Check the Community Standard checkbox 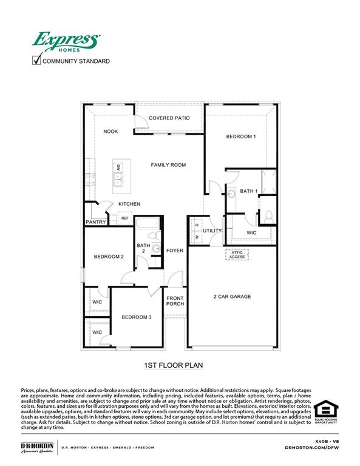click(36, 60)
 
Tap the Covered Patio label click(169, 118)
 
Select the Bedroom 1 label click(241, 137)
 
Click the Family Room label click(168, 164)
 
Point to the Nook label click(110, 132)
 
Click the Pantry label click(96, 222)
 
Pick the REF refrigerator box click(125, 218)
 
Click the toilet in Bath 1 click(268, 215)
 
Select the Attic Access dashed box click(237, 254)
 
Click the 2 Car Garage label click(232, 297)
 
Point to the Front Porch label click(175, 300)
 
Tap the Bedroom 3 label click(136, 317)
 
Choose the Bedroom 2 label click(109, 257)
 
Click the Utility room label click(212, 231)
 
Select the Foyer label click(175, 251)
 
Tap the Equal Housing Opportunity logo click(326, 411)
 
